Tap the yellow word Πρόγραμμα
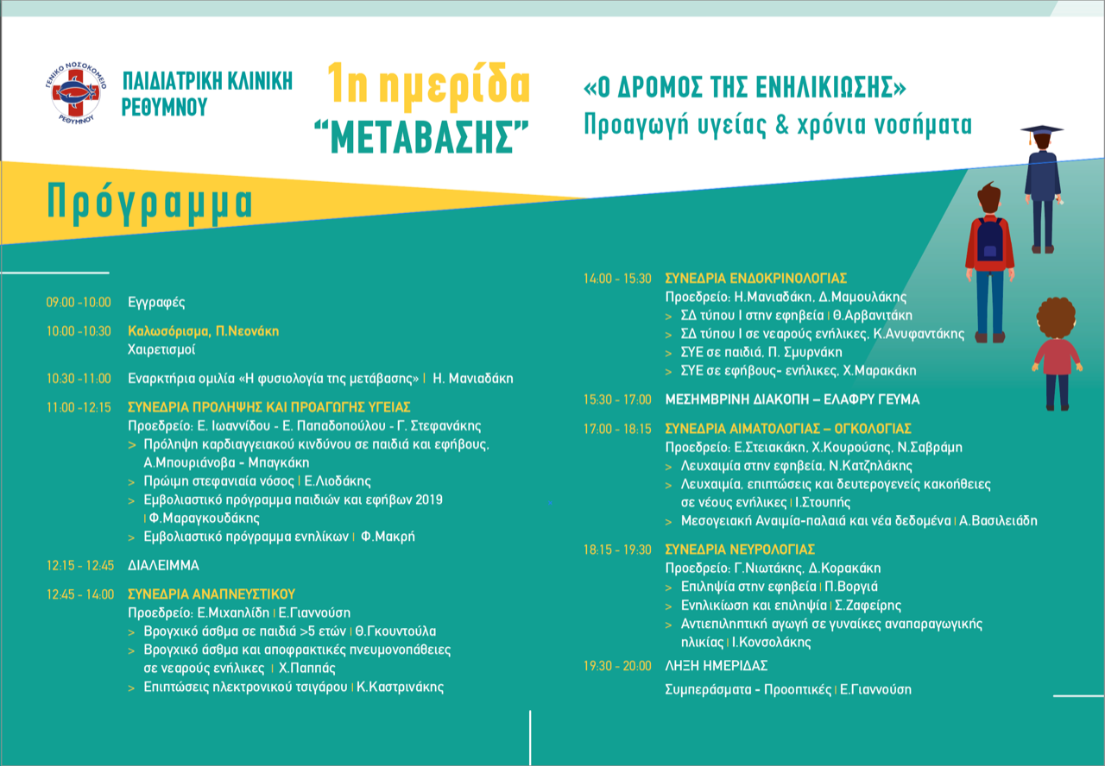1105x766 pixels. coord(150,202)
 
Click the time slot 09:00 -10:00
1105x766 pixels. coord(79,303)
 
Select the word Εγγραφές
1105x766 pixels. coord(156,303)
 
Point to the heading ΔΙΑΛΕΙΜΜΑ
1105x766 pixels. coord(163,566)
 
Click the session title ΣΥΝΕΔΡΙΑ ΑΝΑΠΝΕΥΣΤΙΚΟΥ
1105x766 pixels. coord(212,594)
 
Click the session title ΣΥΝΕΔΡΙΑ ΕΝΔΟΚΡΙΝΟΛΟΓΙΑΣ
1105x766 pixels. coord(755,279)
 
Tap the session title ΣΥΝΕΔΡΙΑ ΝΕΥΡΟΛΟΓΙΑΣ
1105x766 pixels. coord(740,549)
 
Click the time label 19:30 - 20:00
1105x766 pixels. coord(617,666)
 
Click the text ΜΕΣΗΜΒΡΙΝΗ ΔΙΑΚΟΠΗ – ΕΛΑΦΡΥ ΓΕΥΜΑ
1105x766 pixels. coord(792,400)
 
